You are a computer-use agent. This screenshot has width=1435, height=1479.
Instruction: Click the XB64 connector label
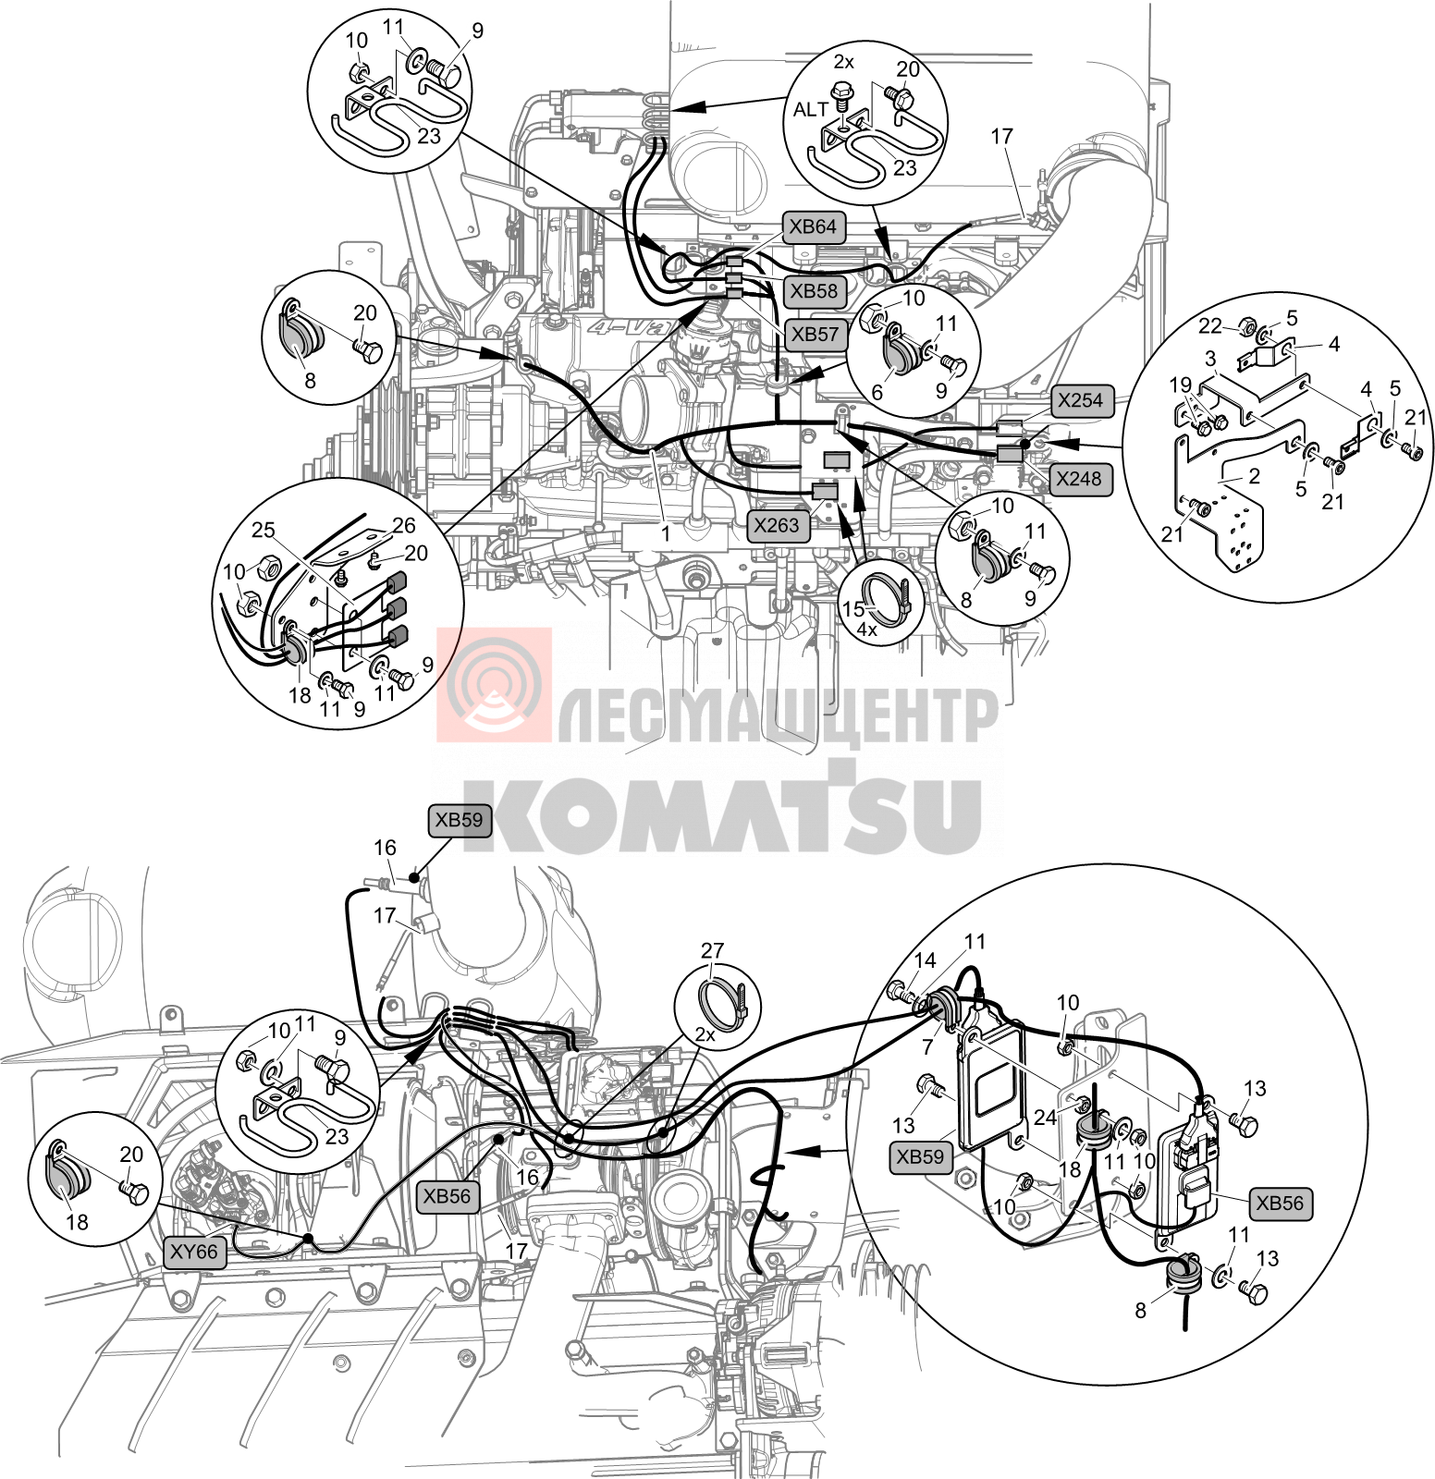[x=814, y=227]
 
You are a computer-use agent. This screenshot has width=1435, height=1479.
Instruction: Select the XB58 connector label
[x=814, y=291]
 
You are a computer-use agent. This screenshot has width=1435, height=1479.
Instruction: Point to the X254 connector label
[x=1080, y=400]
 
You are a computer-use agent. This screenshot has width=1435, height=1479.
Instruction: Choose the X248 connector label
[x=1079, y=478]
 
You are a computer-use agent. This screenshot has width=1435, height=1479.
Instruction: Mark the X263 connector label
[x=778, y=526]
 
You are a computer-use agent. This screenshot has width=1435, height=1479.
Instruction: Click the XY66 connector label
[x=194, y=1253]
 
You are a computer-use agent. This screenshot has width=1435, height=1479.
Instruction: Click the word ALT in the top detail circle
[x=811, y=110]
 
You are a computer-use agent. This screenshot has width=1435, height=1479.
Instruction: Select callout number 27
[x=712, y=951]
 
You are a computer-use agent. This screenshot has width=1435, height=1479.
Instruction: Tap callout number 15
[x=852, y=609]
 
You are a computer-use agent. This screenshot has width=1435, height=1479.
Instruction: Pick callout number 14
[x=925, y=960]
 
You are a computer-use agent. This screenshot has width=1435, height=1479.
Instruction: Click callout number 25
[x=264, y=530]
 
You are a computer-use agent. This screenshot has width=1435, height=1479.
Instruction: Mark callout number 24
[x=1045, y=1117]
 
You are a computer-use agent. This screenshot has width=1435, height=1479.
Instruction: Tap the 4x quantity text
[x=866, y=629]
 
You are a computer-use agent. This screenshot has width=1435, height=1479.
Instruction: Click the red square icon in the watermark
[x=494, y=684]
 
